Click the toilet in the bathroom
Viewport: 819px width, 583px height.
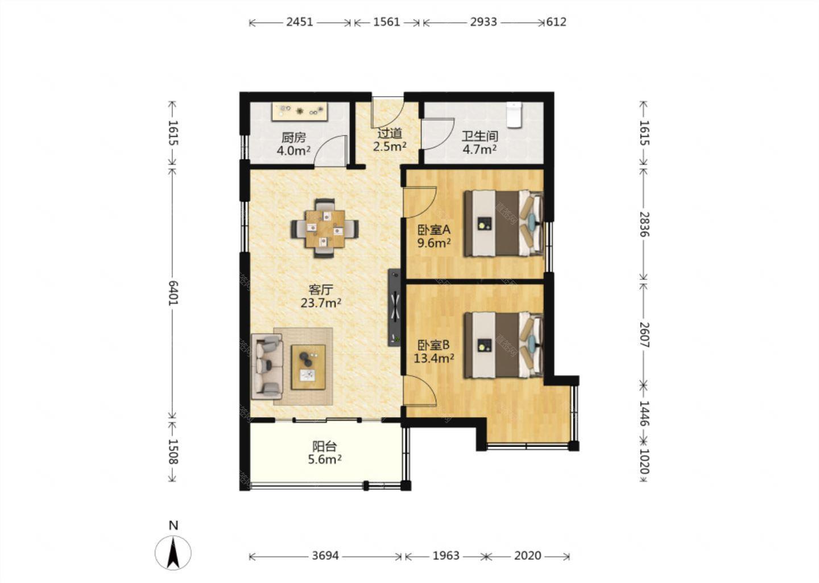(x=514, y=115)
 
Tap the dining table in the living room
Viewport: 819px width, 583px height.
(x=325, y=229)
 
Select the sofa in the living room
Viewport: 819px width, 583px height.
(x=267, y=366)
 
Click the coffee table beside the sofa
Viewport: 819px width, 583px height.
(x=308, y=367)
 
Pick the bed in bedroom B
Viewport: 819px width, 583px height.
(x=503, y=345)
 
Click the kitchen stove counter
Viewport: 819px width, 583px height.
(x=299, y=111)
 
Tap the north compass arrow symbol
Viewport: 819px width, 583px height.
(x=173, y=553)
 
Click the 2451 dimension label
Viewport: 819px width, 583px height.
(x=299, y=22)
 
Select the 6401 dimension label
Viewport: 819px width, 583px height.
(x=172, y=293)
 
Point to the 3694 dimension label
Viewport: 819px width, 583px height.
(x=325, y=556)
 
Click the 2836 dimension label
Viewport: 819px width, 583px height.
(x=644, y=224)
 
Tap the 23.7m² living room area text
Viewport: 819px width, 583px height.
(x=321, y=303)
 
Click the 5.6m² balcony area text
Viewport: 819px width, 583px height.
(x=325, y=459)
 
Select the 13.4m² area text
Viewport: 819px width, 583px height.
(x=433, y=358)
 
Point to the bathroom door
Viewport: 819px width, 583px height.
(x=437, y=134)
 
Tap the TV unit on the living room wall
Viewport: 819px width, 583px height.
(x=394, y=307)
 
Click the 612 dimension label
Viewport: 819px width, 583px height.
(x=556, y=22)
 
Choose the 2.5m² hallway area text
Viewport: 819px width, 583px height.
(x=390, y=146)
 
